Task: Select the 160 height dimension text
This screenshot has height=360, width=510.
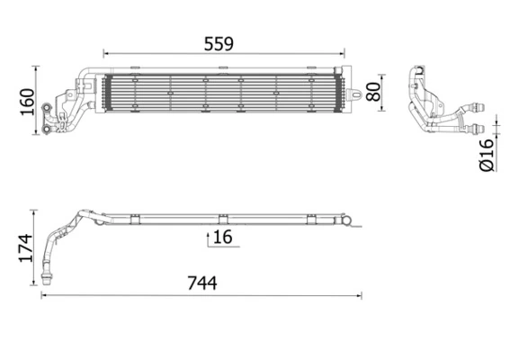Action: (26, 102)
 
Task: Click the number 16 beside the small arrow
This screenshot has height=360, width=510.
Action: (222, 238)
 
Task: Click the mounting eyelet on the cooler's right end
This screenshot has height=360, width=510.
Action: (356, 91)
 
